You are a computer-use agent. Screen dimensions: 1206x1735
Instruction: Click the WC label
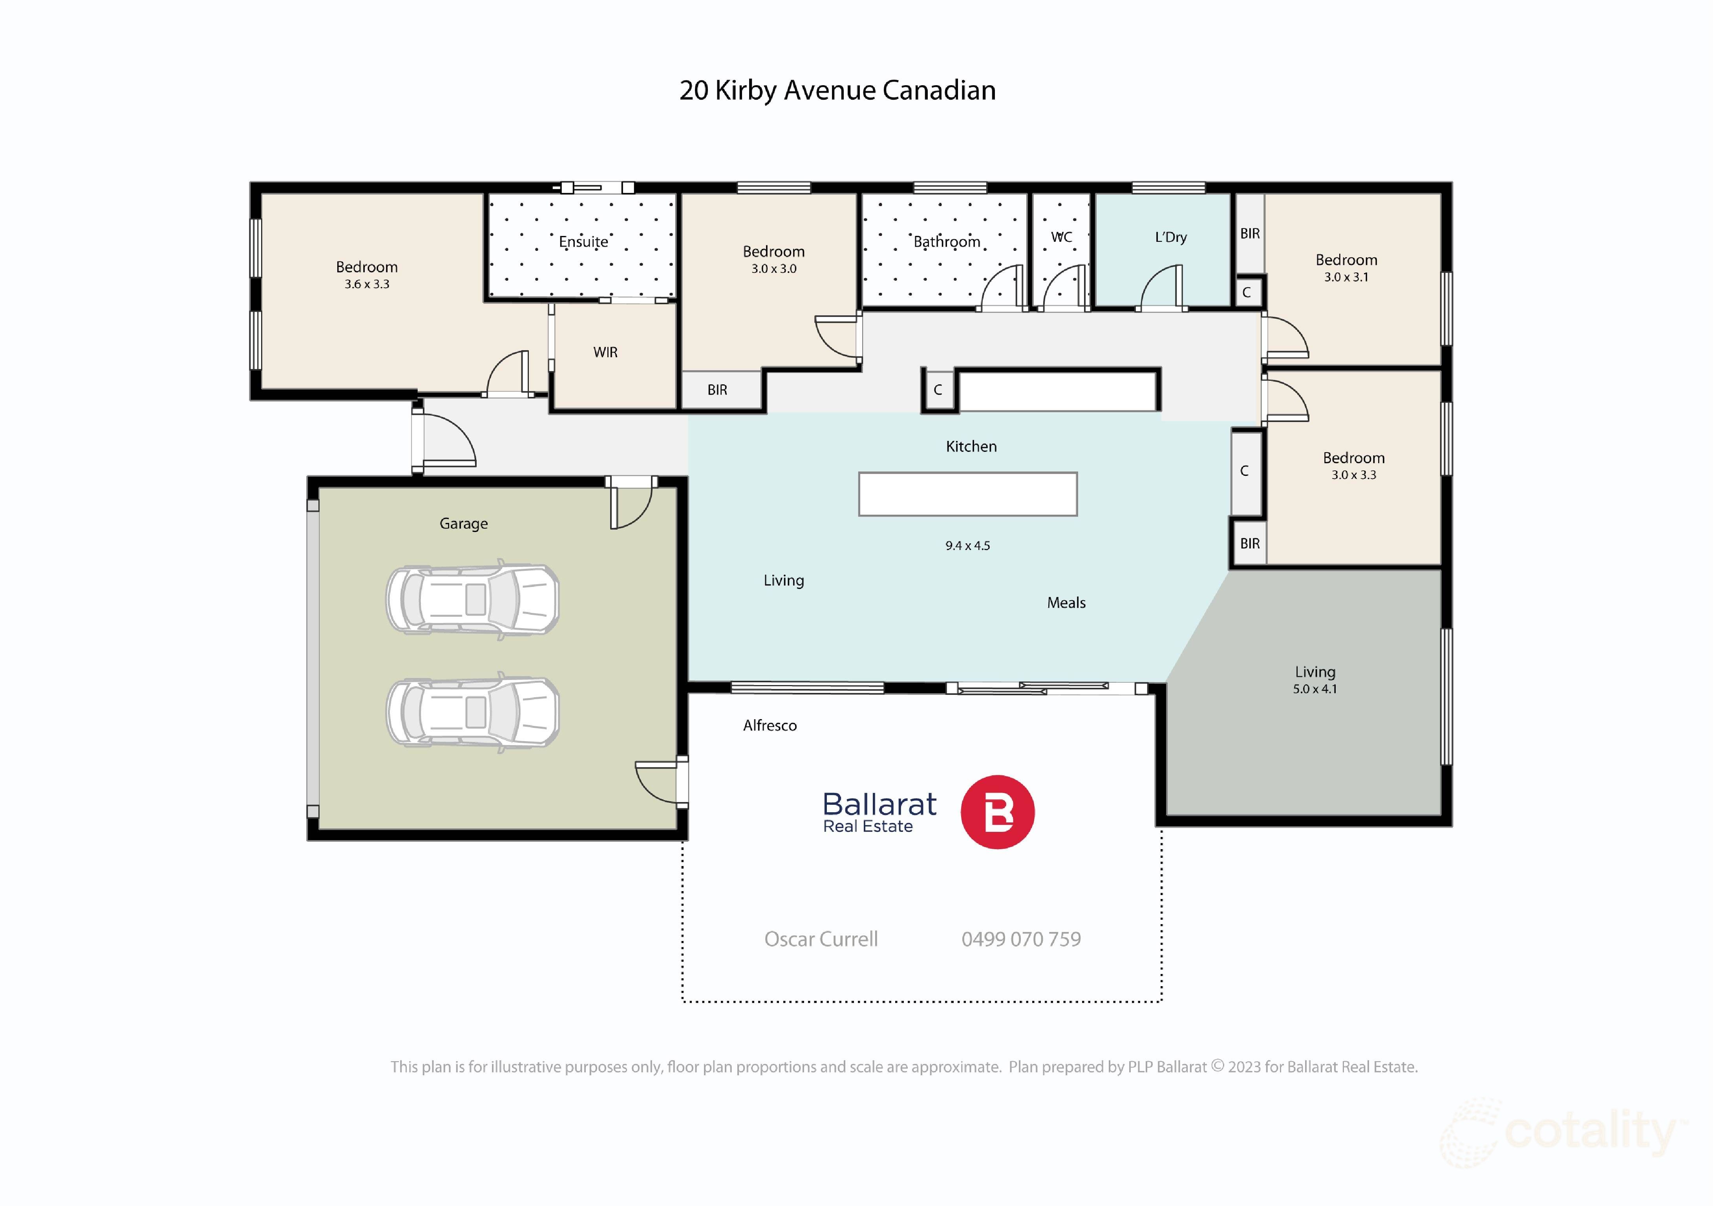pos(1061,237)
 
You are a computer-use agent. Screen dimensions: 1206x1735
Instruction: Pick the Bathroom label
pos(946,242)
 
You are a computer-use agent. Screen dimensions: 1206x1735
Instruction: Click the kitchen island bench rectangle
pos(967,494)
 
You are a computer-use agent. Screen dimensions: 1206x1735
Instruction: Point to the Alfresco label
pos(769,725)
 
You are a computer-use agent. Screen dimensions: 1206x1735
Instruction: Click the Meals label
pos(1066,603)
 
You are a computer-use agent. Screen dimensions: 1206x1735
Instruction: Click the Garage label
pos(463,524)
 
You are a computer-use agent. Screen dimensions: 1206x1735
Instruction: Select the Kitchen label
pos(971,447)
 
